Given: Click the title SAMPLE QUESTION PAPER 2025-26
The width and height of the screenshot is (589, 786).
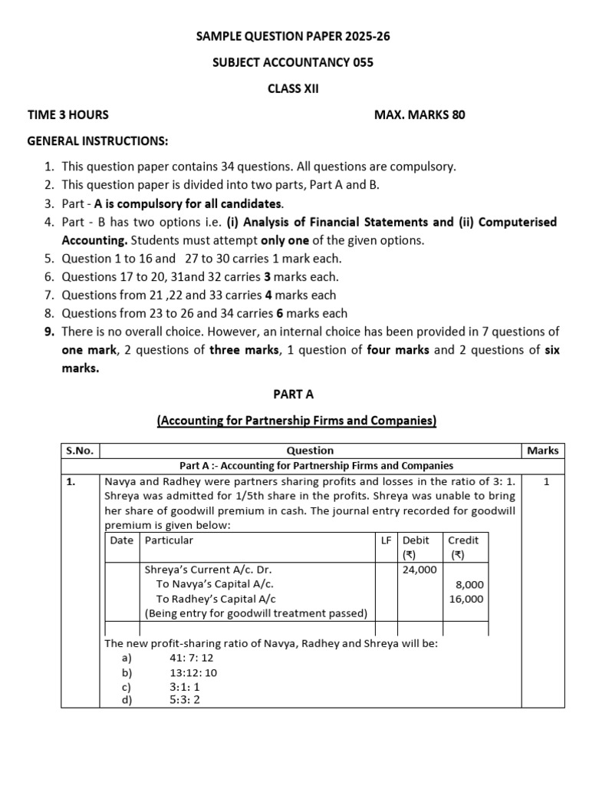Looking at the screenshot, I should point(293,36).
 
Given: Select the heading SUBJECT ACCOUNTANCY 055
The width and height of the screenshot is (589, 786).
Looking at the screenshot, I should point(293,62).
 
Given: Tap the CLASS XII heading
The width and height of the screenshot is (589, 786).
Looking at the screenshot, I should point(293,88).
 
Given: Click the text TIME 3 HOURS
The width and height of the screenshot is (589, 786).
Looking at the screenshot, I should point(68,115).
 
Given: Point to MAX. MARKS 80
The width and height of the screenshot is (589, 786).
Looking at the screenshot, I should point(419,115).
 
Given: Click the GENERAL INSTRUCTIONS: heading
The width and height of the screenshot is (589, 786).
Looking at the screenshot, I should point(97,141).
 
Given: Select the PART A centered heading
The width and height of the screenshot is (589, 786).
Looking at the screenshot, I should point(294,394).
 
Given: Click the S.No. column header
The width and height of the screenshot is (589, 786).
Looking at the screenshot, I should point(79,451).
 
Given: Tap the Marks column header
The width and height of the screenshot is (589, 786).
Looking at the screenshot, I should point(542,451).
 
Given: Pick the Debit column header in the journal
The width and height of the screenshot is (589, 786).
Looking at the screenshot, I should point(416,540).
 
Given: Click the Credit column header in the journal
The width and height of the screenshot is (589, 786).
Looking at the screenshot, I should point(462,540).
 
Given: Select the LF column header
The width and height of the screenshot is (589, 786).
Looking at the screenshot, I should point(387,540).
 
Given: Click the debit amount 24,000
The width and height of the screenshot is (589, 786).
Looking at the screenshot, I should point(419,570).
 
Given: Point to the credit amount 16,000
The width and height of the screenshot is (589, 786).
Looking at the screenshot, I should point(466,599).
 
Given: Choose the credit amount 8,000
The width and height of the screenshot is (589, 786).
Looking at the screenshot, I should point(469,584).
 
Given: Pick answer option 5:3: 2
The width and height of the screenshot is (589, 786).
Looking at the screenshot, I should point(185,699).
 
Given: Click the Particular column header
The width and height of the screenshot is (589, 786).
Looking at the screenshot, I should point(169,540).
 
